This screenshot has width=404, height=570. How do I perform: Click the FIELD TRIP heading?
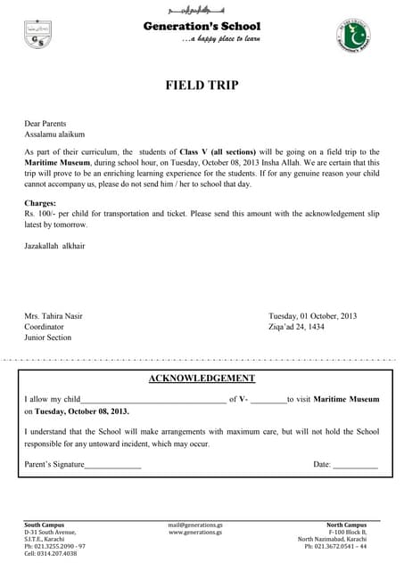click(202, 85)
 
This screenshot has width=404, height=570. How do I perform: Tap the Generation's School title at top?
click(202, 27)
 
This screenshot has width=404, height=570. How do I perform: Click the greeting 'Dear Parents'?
click(45, 124)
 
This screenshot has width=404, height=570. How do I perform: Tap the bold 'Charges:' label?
click(40, 204)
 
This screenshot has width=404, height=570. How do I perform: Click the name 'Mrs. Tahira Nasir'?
click(55, 316)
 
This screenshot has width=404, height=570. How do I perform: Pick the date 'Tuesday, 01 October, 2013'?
click(312, 316)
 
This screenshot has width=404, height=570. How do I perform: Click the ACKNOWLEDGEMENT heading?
click(202, 379)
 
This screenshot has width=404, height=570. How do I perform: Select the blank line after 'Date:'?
click(355, 466)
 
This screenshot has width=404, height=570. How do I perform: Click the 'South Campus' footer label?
click(44, 525)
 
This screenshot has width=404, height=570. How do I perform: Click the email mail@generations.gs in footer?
click(195, 525)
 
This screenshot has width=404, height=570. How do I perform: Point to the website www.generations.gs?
click(195, 533)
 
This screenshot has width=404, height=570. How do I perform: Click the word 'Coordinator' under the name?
click(44, 327)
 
